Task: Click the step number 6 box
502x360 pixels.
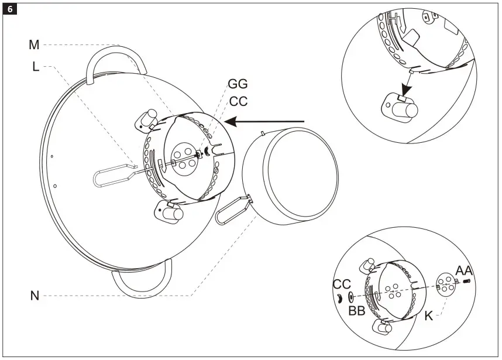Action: coord(10,10)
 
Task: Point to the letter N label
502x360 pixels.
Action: coord(35,296)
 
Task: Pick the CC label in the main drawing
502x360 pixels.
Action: coord(238,101)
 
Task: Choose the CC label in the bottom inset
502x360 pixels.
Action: coord(342,284)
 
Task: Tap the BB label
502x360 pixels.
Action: coord(356,311)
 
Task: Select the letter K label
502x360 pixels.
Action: coord(429,316)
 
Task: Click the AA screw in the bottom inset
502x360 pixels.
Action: coord(467,282)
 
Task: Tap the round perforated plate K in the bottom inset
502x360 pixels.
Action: coord(447,284)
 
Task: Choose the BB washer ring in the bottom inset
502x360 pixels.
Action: coord(350,297)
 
